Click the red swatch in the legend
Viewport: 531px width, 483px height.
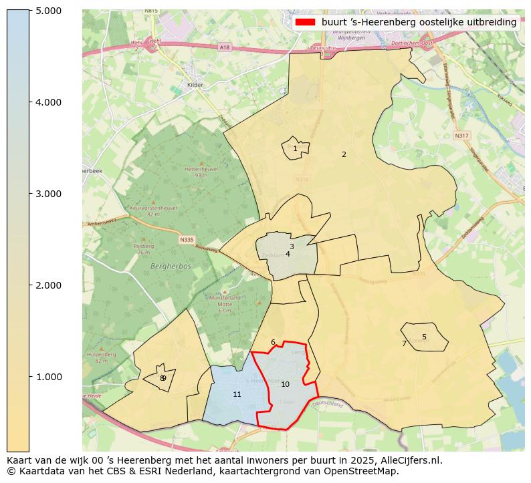(304, 22)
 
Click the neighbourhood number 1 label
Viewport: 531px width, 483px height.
(295, 149)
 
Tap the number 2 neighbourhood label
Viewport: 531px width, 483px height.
(344, 154)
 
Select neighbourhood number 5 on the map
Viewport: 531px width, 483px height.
(424, 337)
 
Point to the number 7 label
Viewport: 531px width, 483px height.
(404, 343)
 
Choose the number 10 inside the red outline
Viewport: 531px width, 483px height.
(285, 384)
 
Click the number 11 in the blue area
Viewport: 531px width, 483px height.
(237, 394)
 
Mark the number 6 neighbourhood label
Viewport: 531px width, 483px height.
(273, 342)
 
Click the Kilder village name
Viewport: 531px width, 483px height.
(195, 85)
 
